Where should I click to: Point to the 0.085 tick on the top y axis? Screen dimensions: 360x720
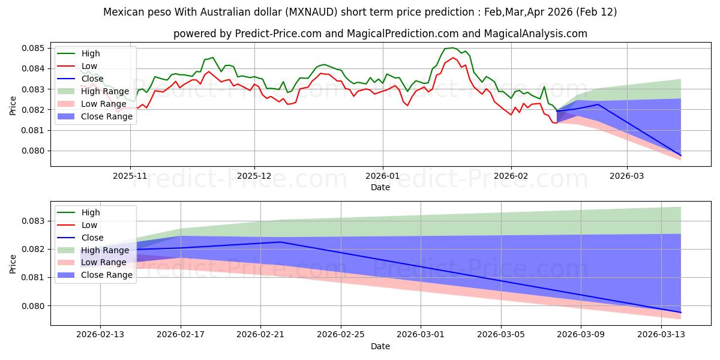coord(35,48)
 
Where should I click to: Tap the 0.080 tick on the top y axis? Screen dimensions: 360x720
coord(35,151)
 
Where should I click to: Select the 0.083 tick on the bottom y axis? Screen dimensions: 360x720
coord(35,221)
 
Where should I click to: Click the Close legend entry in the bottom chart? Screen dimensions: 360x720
coord(92,238)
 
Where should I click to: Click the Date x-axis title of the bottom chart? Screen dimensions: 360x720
coord(380,346)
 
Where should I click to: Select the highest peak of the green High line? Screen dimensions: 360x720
coord(452,48)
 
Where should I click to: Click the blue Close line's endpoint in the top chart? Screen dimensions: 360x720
coord(680,155)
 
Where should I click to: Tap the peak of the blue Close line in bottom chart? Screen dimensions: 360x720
coord(280,242)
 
